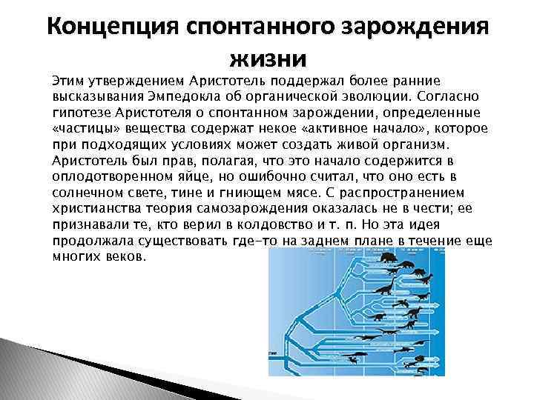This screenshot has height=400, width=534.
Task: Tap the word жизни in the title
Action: (267, 57)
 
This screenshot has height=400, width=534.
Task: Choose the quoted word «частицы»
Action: (82, 128)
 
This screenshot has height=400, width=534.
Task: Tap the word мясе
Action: (293, 193)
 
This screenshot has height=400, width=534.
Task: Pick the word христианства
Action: (94, 210)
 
